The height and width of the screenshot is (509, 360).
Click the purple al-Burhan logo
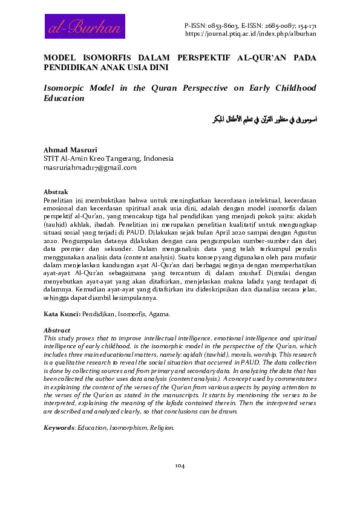pos(85,27)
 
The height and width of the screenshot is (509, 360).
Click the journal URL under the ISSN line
pos(250,34)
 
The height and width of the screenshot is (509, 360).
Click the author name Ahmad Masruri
pos(69,150)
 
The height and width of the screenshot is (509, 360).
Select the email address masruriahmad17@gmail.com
pos(90,167)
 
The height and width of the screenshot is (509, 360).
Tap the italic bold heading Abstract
pos(57,331)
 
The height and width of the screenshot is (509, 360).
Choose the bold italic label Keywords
pos(59,427)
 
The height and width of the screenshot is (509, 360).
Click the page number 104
pos(180,465)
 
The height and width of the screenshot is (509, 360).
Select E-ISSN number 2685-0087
pos(279,27)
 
